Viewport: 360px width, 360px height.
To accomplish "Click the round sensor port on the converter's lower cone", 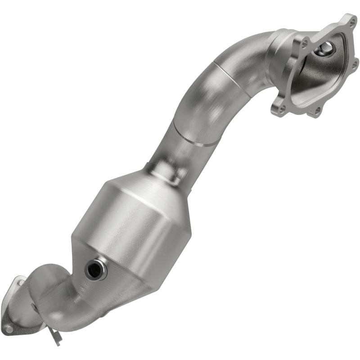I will point(95,269).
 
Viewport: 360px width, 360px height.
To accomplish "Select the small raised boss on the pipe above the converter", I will point(166,169).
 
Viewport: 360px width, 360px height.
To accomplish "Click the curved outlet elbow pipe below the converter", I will point(67,306).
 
